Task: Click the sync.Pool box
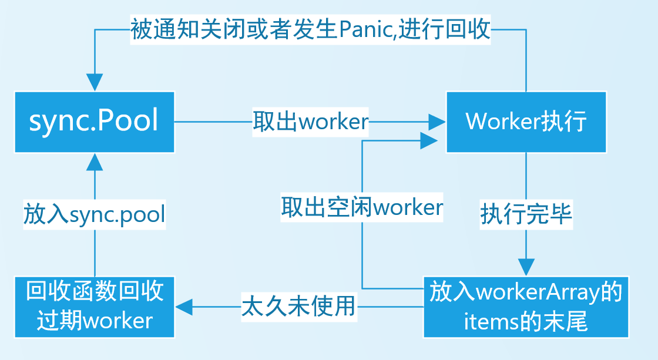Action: click(x=95, y=122)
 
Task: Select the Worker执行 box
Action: click(x=526, y=122)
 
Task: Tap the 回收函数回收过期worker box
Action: click(x=95, y=306)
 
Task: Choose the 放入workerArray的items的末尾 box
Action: click(x=526, y=306)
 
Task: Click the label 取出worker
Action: click(x=310, y=122)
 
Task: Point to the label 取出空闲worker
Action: click(x=361, y=207)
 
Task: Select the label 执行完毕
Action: click(x=526, y=214)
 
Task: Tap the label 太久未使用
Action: click(x=299, y=306)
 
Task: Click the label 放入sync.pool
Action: click(x=94, y=214)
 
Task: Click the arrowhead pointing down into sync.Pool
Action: click(x=95, y=82)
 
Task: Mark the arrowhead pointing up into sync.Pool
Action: click(x=95, y=162)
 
